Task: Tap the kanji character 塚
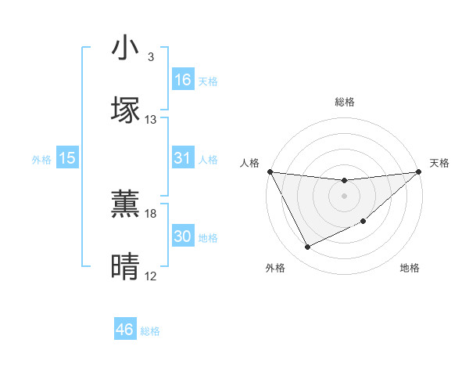tap(126, 110)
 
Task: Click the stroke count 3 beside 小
tap(151, 57)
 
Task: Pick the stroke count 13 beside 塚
tap(151, 120)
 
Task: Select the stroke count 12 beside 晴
tap(151, 276)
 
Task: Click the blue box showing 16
tap(183, 80)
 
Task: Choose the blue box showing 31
tap(183, 158)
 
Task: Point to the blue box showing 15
tap(67, 158)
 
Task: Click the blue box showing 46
tap(125, 330)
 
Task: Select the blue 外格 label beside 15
tap(41, 159)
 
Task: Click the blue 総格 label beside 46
tap(150, 331)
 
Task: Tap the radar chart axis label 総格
tap(344, 103)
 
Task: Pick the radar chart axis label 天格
tap(439, 163)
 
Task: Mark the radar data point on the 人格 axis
tap(270, 171)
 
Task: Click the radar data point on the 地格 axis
tap(364, 222)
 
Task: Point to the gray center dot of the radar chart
tap(344, 195)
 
